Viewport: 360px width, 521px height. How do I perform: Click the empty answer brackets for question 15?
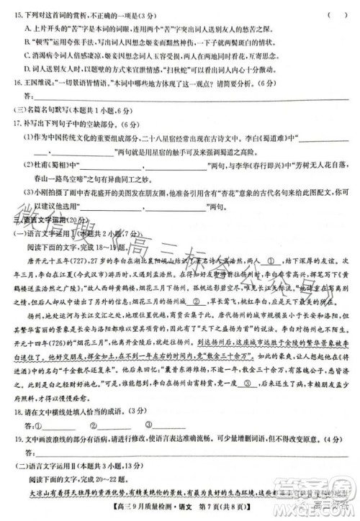(x=336, y=14)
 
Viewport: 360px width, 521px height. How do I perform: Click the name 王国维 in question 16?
(x=36, y=83)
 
